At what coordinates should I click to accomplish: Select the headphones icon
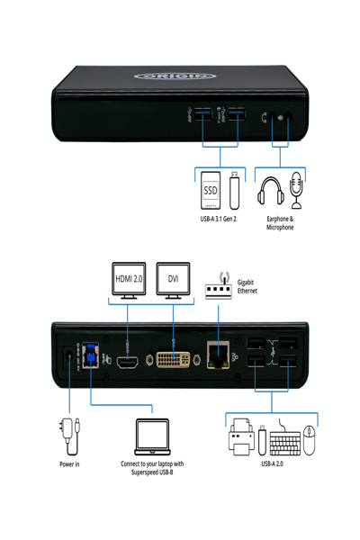coord(271,192)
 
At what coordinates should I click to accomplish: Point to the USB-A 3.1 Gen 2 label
coord(219,219)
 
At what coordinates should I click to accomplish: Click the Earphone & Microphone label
coord(280,223)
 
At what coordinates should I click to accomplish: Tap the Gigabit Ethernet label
coord(247,287)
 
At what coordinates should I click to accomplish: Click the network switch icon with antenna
coord(219,286)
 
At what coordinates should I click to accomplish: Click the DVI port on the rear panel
coord(172,360)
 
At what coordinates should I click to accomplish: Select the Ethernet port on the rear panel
coord(216,358)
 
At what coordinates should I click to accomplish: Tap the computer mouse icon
coord(310,440)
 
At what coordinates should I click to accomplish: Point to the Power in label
coord(69,464)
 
